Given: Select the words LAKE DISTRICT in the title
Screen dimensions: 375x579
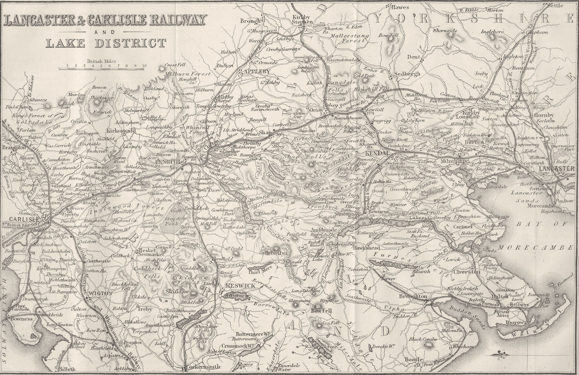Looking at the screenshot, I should [106, 43].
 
